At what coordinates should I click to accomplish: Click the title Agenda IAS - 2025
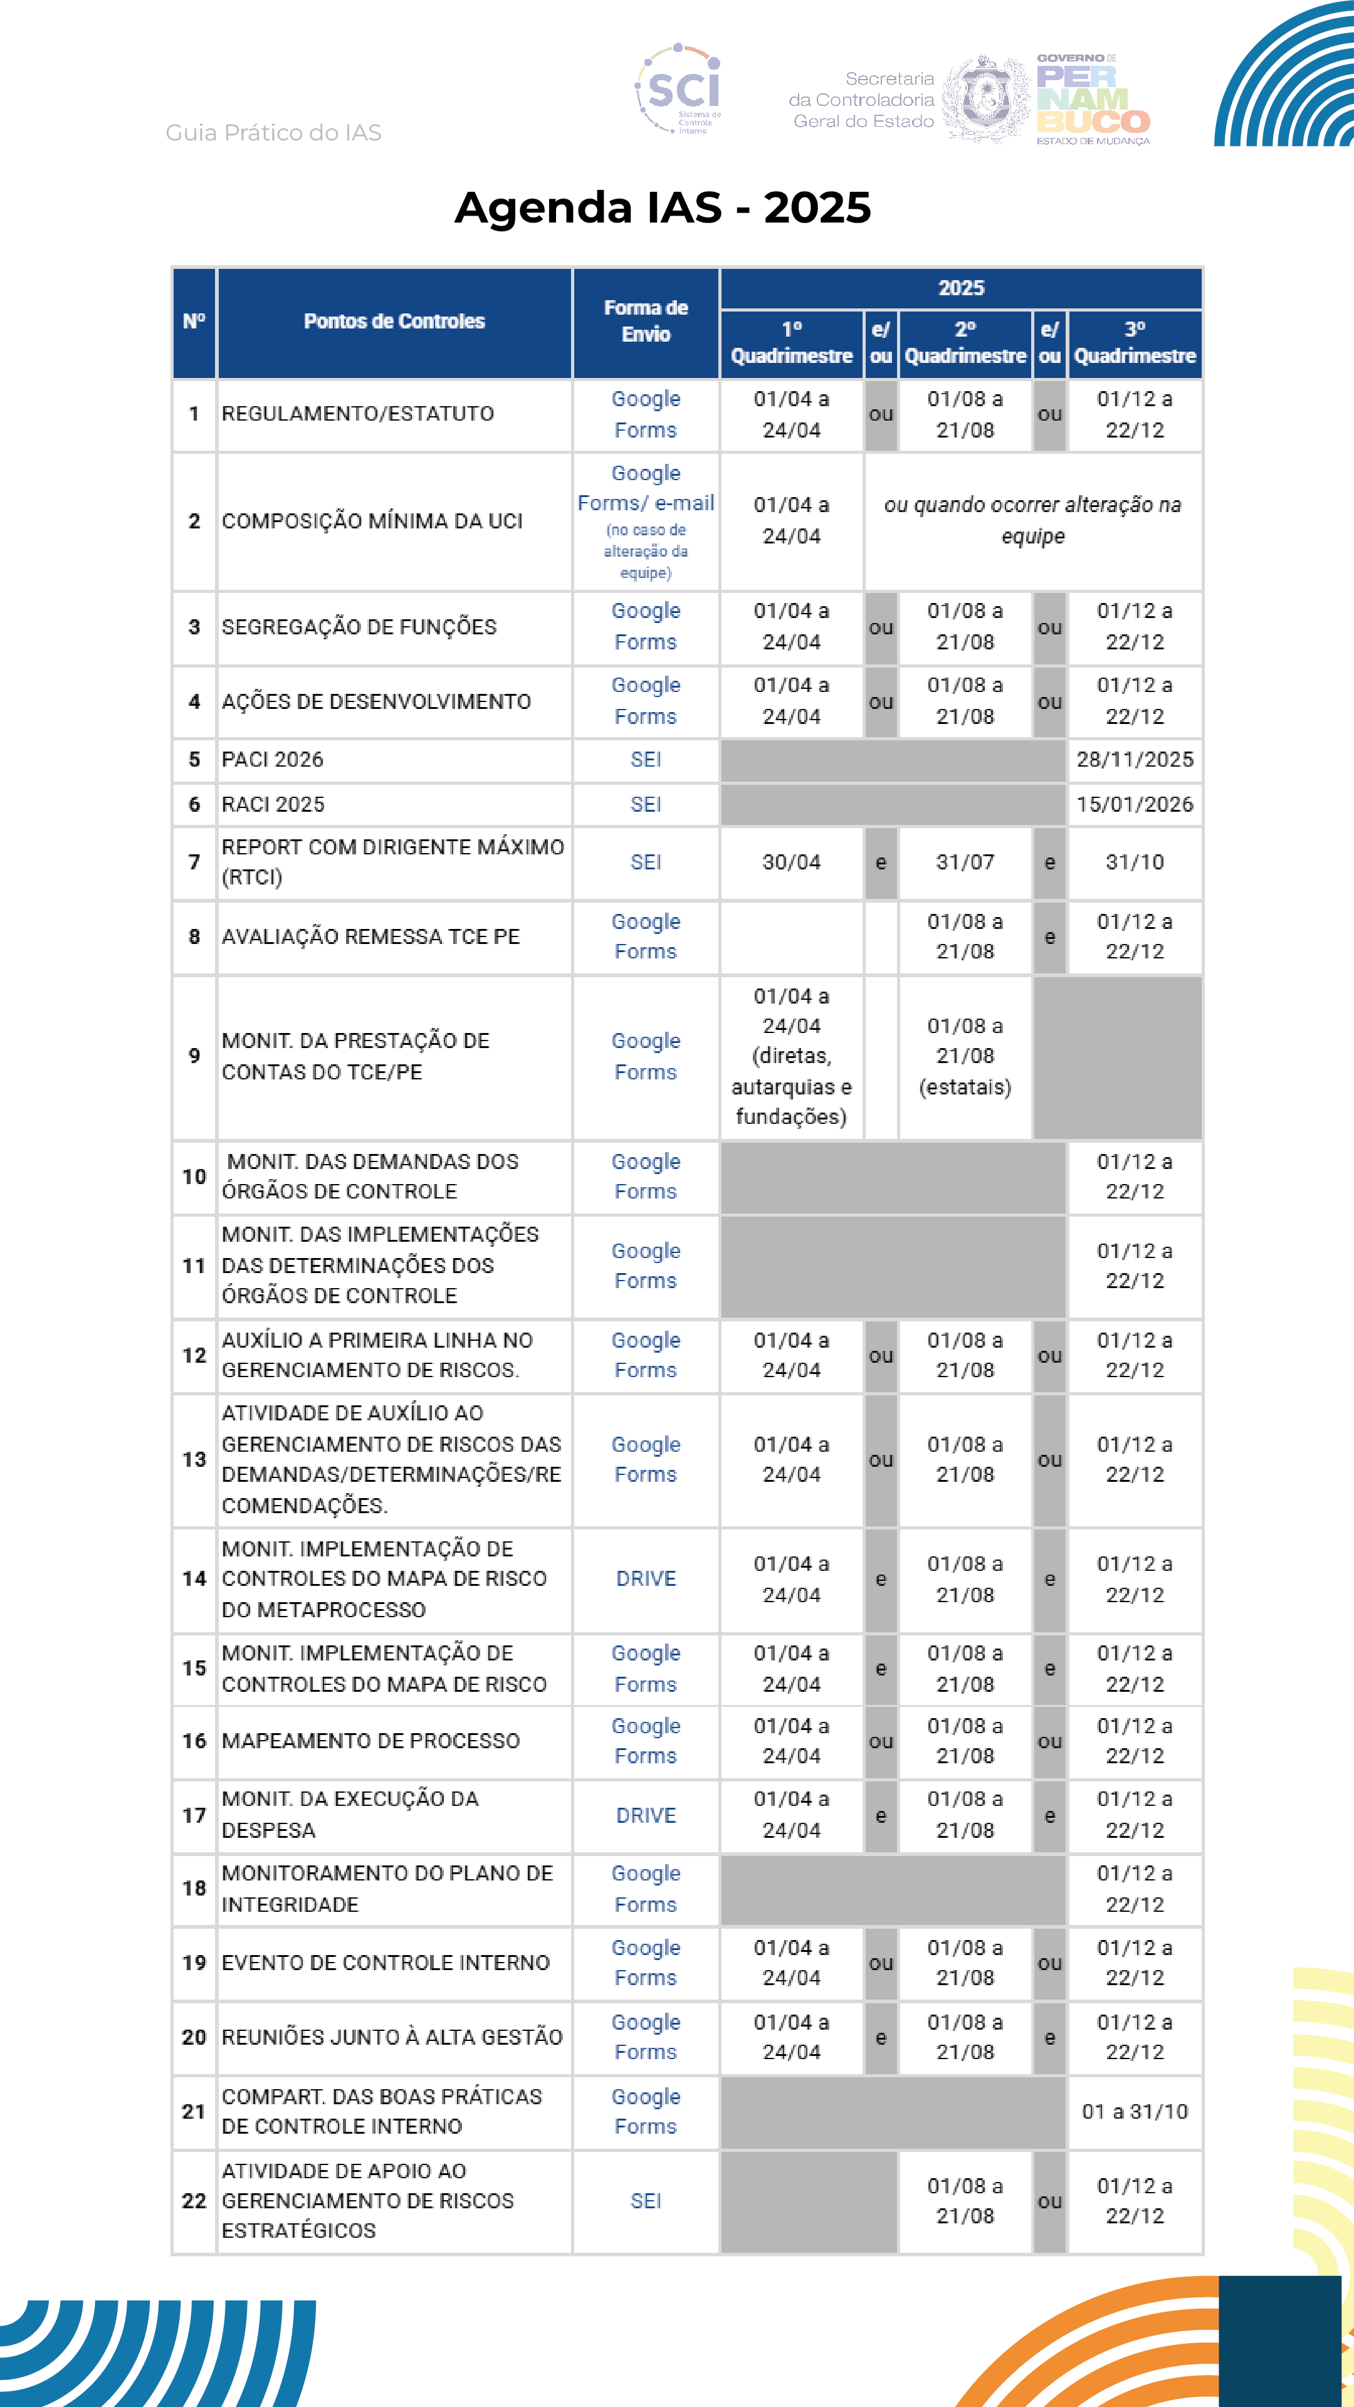click(663, 207)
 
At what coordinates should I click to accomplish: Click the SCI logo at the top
click(680, 90)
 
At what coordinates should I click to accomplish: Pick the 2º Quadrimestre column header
click(965, 343)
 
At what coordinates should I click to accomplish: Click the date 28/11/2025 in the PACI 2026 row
click(1135, 760)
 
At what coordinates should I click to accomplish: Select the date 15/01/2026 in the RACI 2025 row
click(1135, 804)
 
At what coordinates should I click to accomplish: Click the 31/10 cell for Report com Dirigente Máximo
click(1135, 863)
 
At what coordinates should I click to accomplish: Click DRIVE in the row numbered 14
click(646, 1579)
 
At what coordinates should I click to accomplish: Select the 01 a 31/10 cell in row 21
click(1135, 2112)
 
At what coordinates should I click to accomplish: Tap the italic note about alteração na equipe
click(1032, 520)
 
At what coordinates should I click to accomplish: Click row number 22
click(194, 2201)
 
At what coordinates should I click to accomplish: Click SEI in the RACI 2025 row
click(646, 804)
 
